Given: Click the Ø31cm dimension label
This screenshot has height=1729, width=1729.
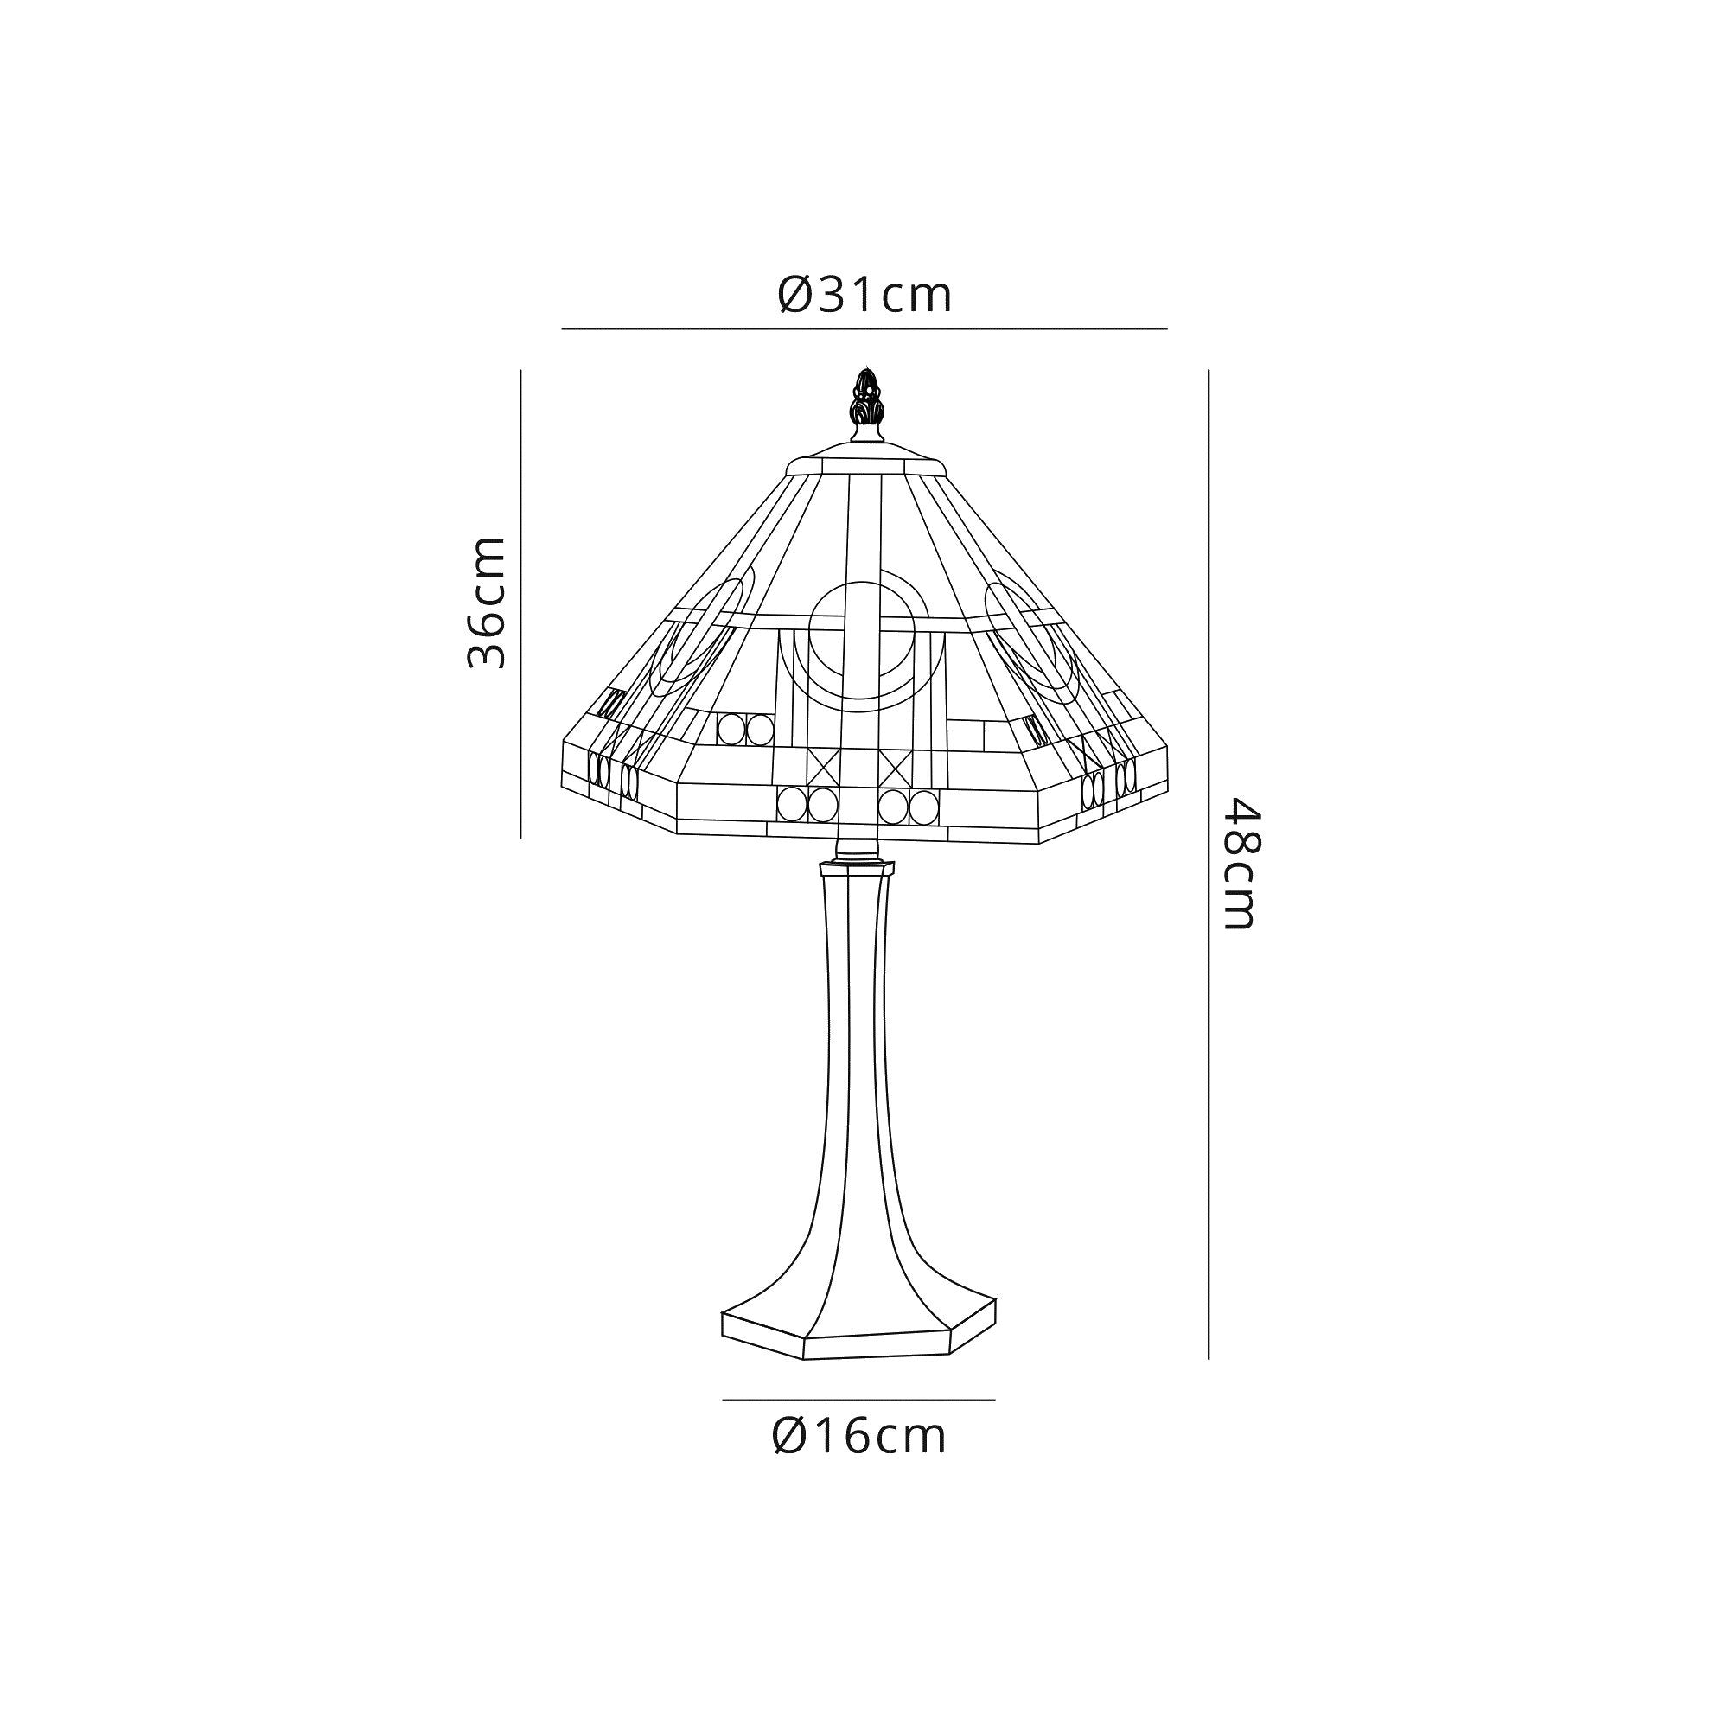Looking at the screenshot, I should [864, 295].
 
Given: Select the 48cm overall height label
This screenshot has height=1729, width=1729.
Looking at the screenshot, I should [1242, 864].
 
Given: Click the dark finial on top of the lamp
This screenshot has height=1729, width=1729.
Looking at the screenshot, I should [864, 406].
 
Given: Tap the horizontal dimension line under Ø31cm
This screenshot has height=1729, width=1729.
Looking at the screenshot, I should [864, 329].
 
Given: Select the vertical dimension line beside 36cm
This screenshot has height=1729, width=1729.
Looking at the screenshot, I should [520, 603].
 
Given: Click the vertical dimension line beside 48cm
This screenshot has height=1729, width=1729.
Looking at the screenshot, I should [1209, 864].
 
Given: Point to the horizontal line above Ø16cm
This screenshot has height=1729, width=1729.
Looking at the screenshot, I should [859, 1400].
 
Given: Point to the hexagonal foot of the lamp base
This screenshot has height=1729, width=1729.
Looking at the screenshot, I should [859, 1343].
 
